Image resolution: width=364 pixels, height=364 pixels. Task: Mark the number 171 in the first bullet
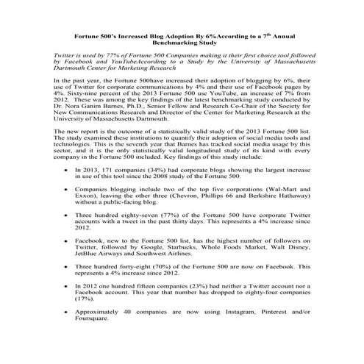tap(118, 189)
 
